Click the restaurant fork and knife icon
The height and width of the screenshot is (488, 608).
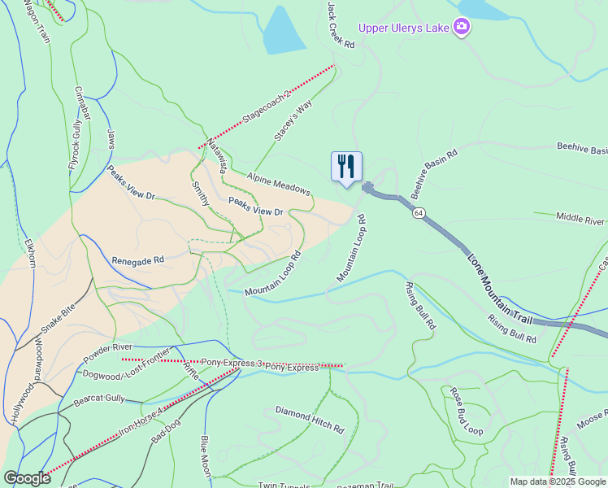[346, 167]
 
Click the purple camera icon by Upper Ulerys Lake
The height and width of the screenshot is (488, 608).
[462, 28]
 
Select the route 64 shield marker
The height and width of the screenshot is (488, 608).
[418, 212]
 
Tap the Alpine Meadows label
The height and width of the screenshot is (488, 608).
[280, 184]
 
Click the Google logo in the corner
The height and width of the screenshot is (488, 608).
[26, 478]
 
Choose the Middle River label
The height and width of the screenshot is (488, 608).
[580, 219]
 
